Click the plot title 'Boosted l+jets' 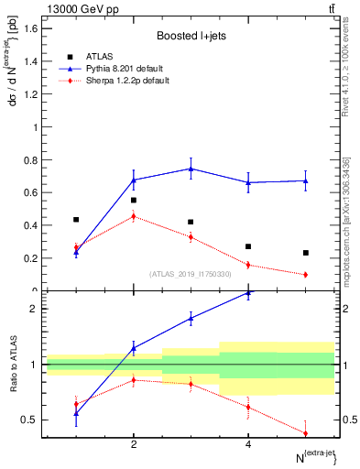click(x=191, y=36)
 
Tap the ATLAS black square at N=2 click(x=134, y=200)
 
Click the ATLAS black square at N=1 click(x=76, y=220)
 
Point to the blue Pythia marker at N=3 click(x=191, y=169)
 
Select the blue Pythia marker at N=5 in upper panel click(x=305, y=180)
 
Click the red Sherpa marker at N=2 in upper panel click(x=134, y=216)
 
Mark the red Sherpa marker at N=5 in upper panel click(x=305, y=274)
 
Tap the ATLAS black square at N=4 click(x=248, y=246)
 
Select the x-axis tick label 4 click(x=248, y=444)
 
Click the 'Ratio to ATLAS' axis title click(x=11, y=364)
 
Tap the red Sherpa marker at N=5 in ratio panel click(x=305, y=433)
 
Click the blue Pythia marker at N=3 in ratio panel click(x=191, y=318)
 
